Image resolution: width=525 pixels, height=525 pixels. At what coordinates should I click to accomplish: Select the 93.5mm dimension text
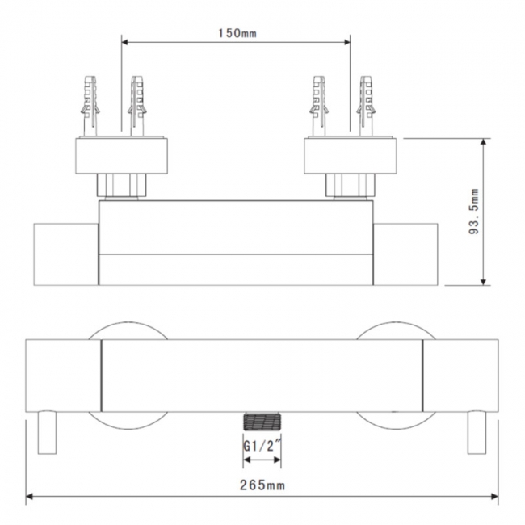pos(473,212)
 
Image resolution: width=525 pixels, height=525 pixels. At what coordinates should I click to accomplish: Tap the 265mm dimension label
pos(263,485)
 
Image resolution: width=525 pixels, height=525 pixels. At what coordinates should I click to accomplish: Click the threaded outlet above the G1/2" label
pos(262,422)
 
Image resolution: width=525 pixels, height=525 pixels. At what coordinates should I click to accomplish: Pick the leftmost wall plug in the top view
pos(90,105)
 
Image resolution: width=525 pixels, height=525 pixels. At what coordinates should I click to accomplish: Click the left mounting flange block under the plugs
pos(122,155)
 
